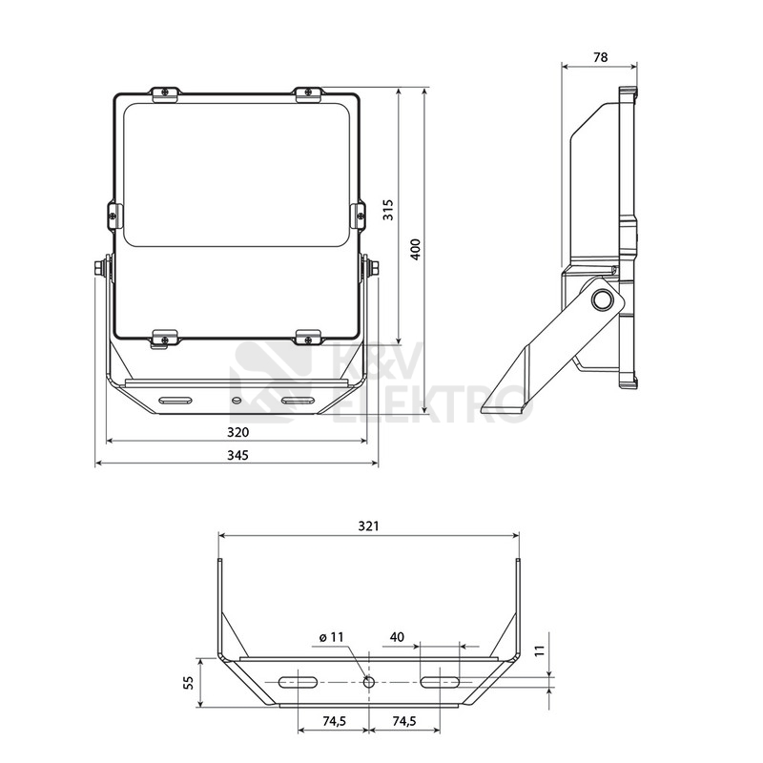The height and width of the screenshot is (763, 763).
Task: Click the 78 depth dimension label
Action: [601, 57]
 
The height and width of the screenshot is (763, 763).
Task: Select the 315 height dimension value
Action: [388, 210]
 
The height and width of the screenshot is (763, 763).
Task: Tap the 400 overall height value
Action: [415, 249]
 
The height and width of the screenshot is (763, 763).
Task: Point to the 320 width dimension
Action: [237, 432]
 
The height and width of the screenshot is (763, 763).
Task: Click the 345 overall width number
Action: [237, 455]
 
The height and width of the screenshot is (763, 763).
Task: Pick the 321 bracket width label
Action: [368, 526]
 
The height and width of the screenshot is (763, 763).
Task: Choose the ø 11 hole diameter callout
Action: [331, 637]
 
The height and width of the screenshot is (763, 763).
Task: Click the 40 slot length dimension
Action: [397, 637]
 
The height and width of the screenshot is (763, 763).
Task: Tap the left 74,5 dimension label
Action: [334, 721]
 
